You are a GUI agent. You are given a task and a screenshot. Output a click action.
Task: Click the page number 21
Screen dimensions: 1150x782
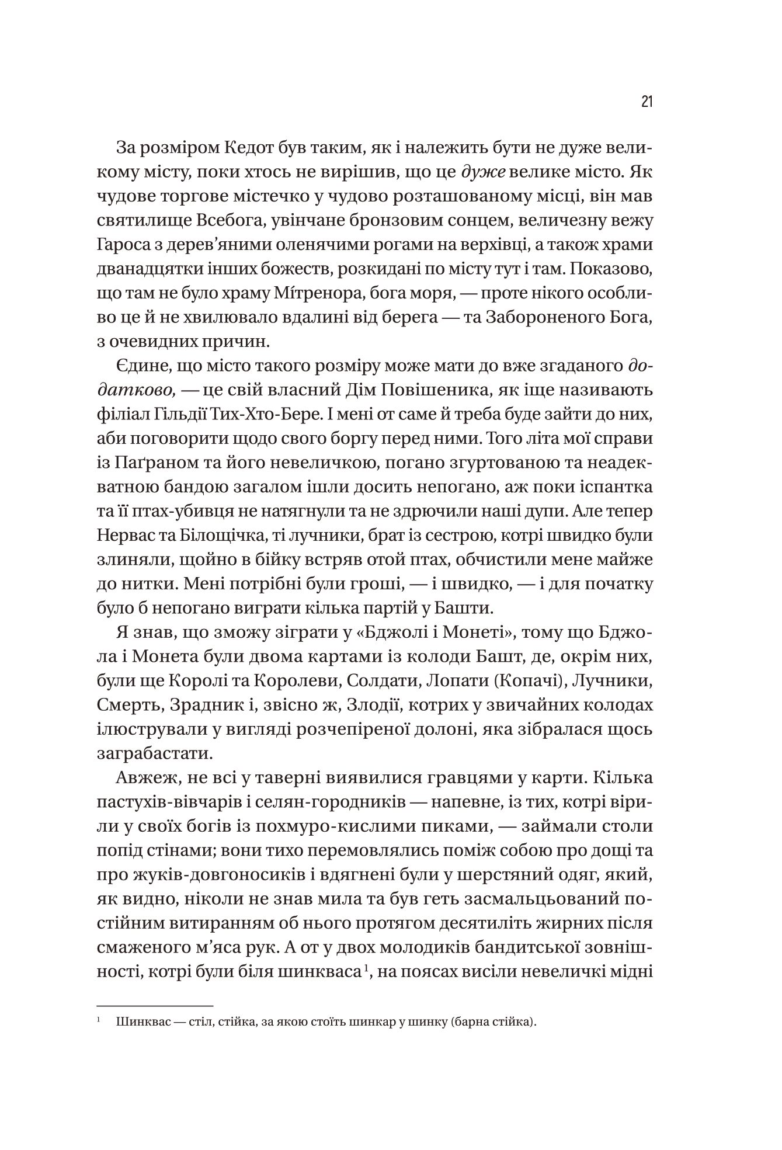[646, 102]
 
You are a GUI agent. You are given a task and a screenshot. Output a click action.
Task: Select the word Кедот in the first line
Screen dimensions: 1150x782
[247, 148]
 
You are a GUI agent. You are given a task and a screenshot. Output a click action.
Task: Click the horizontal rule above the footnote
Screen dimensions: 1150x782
[155, 1006]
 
